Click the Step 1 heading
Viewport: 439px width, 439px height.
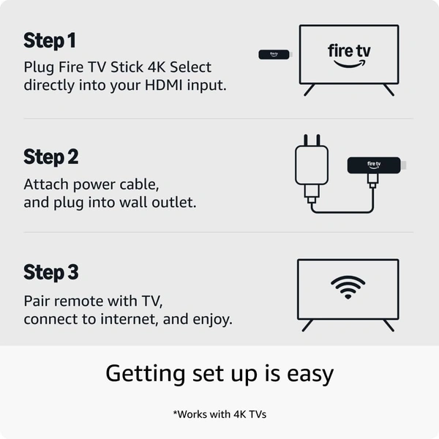50,40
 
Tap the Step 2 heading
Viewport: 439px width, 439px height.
50,157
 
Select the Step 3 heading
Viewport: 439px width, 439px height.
50,272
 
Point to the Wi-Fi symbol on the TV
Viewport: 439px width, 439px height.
348,288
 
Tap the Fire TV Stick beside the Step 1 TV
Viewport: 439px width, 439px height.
275,54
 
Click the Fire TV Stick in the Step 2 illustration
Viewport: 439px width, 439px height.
373,165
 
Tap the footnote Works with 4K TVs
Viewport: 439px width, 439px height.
219,414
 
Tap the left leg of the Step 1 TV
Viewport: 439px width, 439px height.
309,90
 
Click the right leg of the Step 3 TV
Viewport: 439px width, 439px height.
388,324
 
